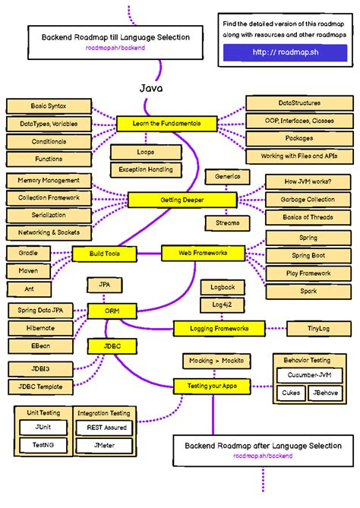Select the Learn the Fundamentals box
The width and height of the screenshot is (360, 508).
(x=166, y=123)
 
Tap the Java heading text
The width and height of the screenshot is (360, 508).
(x=151, y=89)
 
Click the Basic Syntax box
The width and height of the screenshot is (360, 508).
(x=49, y=106)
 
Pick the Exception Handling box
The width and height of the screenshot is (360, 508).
(x=145, y=169)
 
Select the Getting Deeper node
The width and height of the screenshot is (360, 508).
(x=176, y=200)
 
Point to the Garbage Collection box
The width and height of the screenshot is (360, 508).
(x=308, y=199)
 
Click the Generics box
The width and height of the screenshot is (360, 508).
(x=227, y=176)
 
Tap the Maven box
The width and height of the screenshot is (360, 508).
(x=29, y=270)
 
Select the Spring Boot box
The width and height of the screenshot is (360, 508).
(x=308, y=256)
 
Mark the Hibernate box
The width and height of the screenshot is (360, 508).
(x=40, y=327)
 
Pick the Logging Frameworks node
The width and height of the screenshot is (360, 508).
(x=219, y=328)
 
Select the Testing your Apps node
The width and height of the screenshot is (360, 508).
(x=212, y=386)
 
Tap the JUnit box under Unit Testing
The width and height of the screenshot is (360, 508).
(x=43, y=428)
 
